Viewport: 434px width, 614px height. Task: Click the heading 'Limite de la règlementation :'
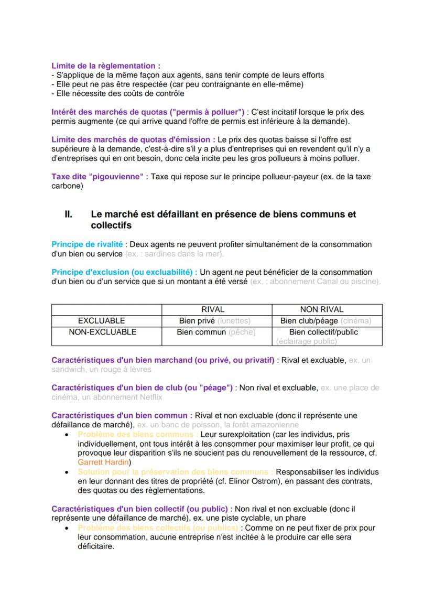pos(105,66)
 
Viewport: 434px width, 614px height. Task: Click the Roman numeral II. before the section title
pos(68,214)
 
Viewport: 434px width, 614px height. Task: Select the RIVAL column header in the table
pos(213,309)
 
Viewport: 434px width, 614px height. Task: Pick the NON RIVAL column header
pos(321,309)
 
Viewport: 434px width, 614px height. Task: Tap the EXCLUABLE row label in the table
pos(101,320)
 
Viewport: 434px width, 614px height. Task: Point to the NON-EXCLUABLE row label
pos(102,332)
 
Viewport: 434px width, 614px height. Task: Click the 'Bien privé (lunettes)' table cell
pos(214,320)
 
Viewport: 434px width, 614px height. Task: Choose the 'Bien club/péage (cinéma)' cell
pos(325,320)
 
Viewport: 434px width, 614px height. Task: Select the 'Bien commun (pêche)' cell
pos(215,332)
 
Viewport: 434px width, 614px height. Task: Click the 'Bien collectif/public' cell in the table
pos(323,332)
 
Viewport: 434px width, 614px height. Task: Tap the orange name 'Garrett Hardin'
pos(103,462)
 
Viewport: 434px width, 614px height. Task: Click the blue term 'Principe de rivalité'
pos(87,244)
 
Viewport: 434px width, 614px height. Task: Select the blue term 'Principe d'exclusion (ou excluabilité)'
pos(124,272)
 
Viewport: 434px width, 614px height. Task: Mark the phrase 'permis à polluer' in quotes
pos(208,112)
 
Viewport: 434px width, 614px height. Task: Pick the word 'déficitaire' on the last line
pos(96,546)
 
